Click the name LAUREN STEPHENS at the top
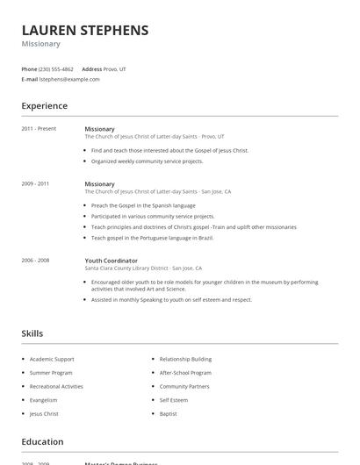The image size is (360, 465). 84,30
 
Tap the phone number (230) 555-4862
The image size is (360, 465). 55,68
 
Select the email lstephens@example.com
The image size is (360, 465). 69,79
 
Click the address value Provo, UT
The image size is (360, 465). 116,68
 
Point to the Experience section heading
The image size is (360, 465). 44,106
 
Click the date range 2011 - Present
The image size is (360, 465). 39,128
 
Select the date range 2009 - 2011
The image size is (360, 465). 35,183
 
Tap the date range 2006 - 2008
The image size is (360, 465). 35,260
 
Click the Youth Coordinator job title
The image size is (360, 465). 111,261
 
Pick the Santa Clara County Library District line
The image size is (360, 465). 143,268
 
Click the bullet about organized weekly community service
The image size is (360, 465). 147,161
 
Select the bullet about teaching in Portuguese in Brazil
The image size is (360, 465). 153,238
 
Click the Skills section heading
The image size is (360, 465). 32,333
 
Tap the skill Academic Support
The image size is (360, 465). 52,359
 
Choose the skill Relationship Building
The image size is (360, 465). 185,359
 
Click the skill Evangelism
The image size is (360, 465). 45,399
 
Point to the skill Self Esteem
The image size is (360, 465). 174,399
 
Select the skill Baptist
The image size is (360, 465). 169,413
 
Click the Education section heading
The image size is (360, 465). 42,442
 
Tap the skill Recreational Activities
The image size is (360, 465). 56,386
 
